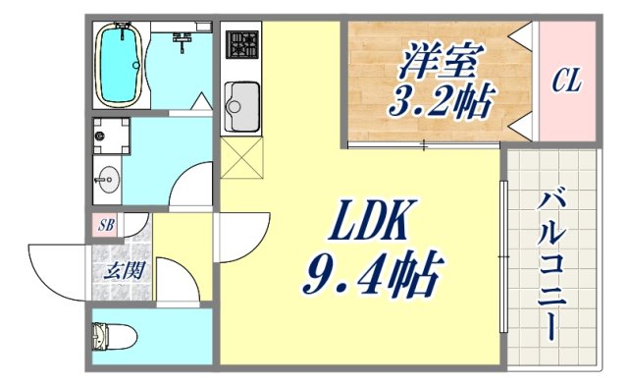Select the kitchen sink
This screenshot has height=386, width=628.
coord(239,101)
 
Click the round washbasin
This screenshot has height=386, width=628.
coord(108,180)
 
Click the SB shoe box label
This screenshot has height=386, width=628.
coord(106,225)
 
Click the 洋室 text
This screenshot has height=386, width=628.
coord(439,60)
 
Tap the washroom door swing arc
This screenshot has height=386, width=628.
coord(192,187)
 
